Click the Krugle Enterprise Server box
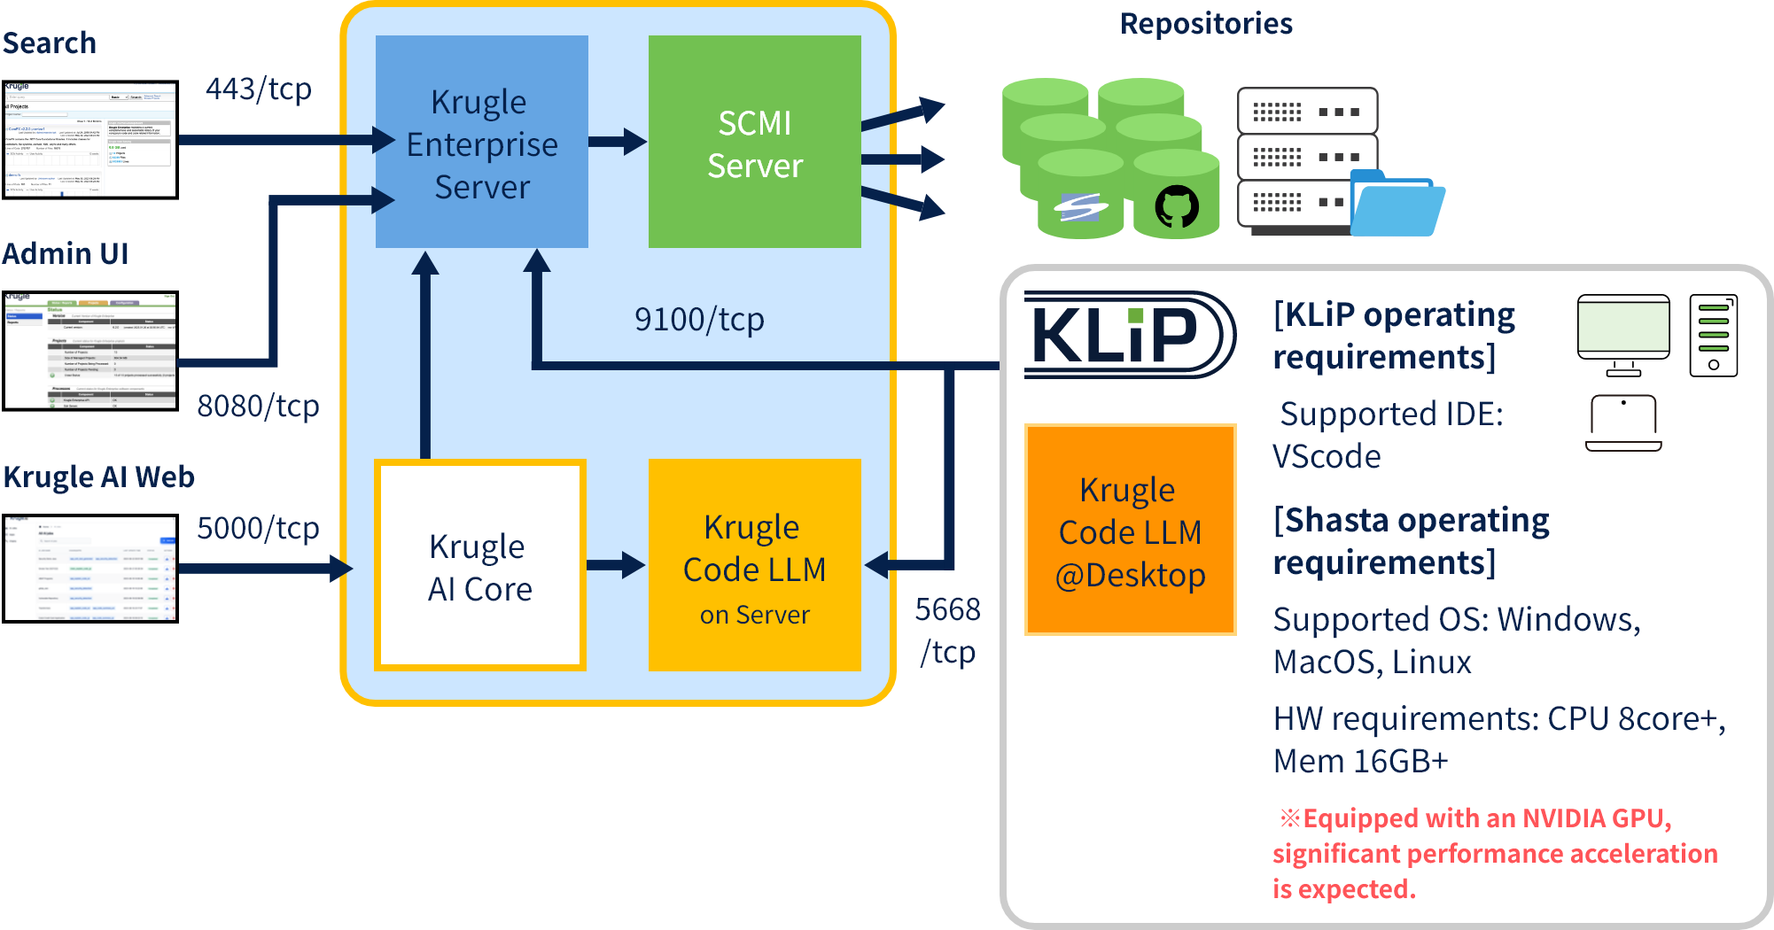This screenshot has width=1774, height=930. coord(481,142)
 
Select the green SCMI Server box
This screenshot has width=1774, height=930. coord(754,142)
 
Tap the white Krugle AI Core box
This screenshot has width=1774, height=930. coord(479,565)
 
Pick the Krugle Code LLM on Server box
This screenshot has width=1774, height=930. coord(754,565)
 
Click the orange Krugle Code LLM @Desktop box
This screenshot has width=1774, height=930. coord(1130,530)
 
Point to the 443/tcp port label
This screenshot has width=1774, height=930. coord(258,89)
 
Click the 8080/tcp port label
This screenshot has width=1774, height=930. coord(258,406)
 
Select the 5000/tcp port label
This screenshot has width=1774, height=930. coord(258,528)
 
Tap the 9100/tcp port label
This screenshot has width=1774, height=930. coord(699,319)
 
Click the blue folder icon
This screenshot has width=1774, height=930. coord(1396,205)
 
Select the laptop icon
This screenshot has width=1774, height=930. coord(1623,423)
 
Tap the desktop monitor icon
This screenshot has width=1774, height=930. coord(1623,335)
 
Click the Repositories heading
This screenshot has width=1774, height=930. coord(1206,24)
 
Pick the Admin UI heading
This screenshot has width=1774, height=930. coord(66,254)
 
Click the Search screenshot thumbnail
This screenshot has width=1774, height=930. coord(89,139)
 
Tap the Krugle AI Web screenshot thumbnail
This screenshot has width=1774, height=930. coord(89,568)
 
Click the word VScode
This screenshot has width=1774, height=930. coord(1327,457)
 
